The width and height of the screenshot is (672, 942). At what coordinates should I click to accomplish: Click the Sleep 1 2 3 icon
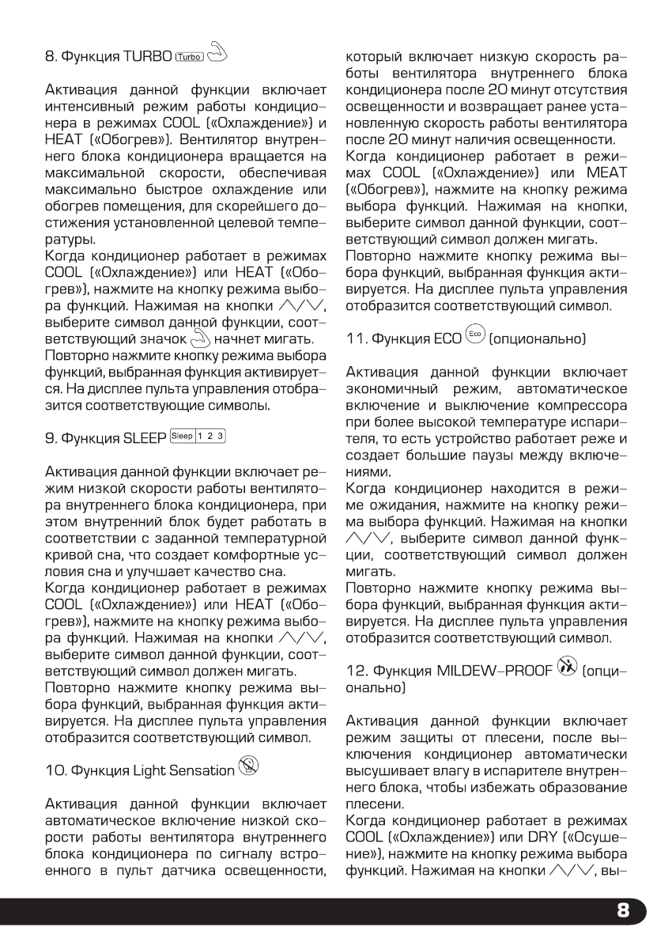[198, 436]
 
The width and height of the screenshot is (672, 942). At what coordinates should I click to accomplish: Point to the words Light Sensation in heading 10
[186, 770]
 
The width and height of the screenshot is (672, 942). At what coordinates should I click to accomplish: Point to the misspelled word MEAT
[606, 172]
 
